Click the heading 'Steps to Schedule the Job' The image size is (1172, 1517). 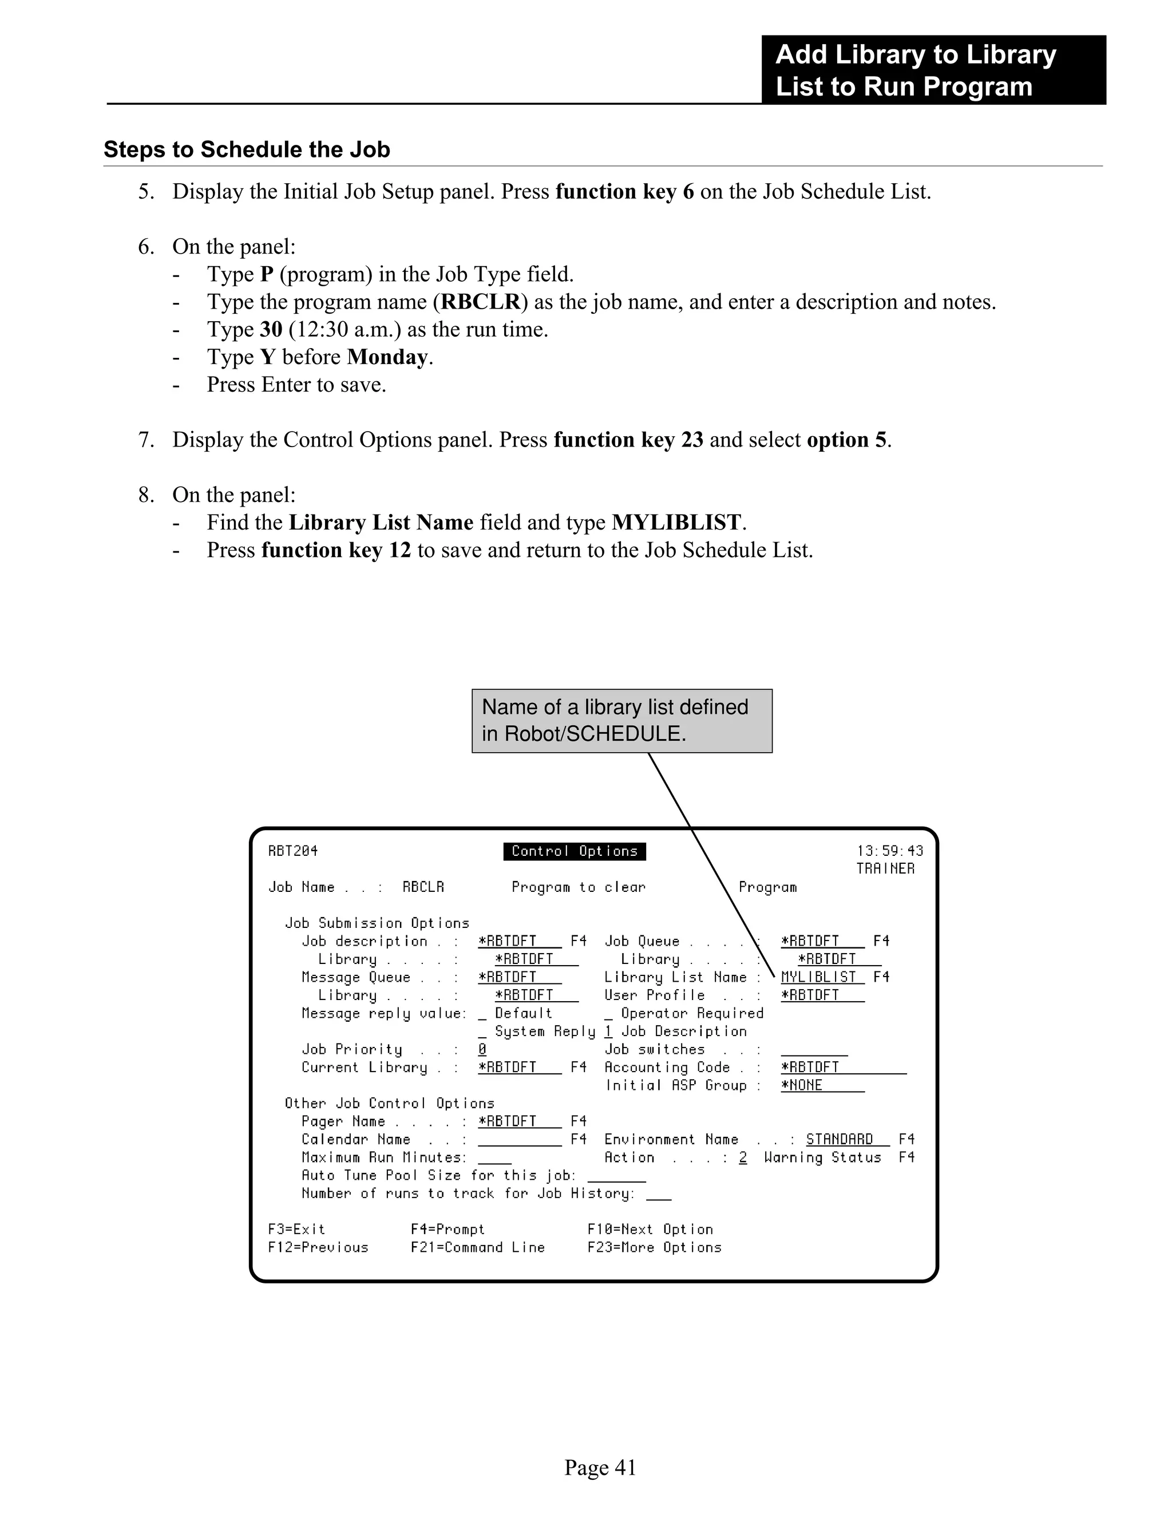coord(247,149)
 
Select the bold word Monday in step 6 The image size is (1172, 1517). coord(387,357)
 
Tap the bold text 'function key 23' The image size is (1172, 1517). coord(628,440)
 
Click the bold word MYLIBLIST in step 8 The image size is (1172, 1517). coord(676,522)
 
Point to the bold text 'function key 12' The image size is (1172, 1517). coord(336,550)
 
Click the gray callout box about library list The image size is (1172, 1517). coord(621,720)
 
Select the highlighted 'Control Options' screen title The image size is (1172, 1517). coord(574,851)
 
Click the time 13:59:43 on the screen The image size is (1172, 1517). coord(889,851)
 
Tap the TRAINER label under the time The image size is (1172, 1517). coord(885,869)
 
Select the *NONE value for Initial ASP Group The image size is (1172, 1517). coord(802,1085)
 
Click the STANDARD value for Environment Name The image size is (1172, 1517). coord(840,1140)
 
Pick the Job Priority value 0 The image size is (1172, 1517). coord(482,1049)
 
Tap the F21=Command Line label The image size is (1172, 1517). coord(478,1247)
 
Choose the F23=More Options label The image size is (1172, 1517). coord(654,1247)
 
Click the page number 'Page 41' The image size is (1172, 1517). coord(600,1467)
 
